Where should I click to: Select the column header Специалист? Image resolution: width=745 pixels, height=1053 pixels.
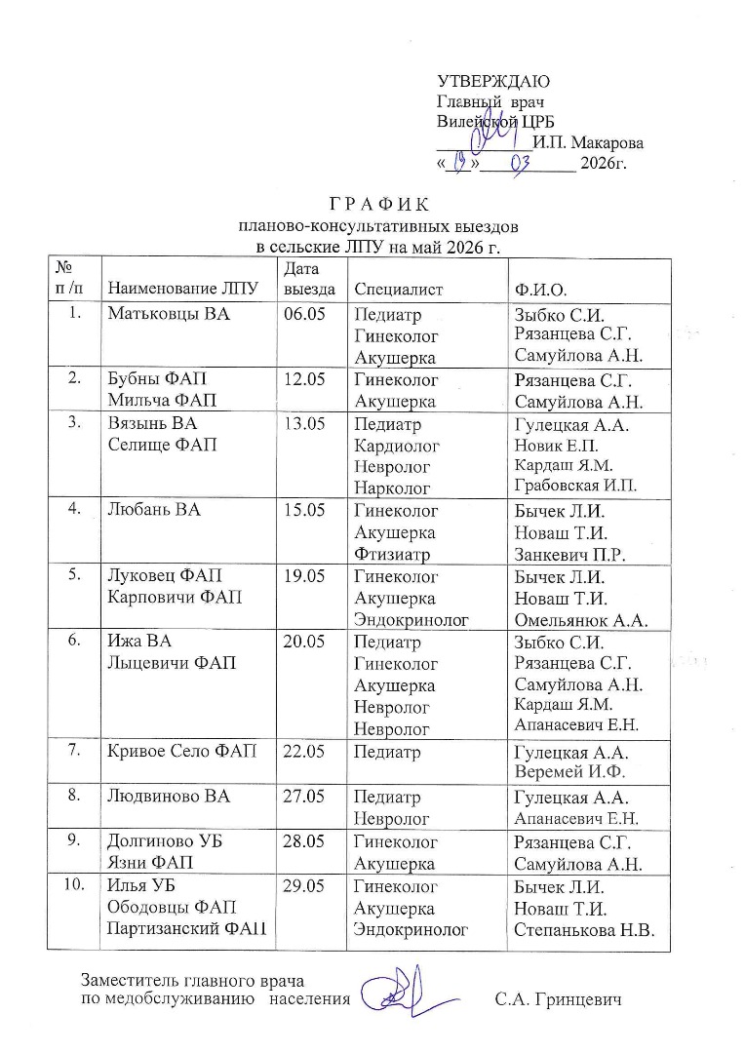399,289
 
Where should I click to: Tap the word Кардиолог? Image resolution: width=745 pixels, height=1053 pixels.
398,446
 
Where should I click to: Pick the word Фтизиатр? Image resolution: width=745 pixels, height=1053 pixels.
394,555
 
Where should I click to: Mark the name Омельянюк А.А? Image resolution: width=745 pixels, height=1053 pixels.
581,619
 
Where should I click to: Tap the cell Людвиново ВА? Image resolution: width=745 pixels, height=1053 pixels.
169,797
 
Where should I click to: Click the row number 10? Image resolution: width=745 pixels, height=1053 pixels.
73,885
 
